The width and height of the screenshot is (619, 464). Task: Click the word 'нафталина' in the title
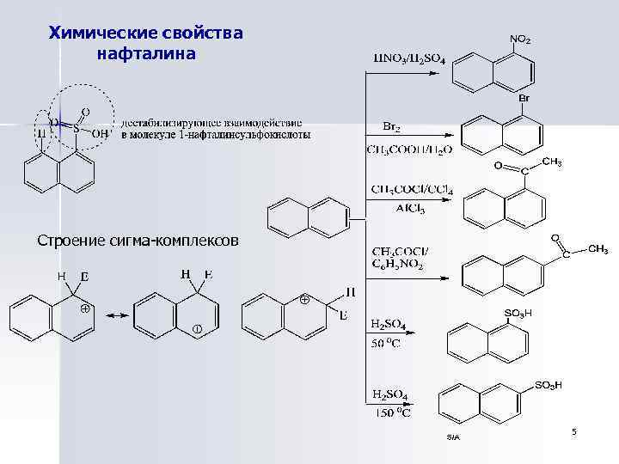pyautogui.click(x=146, y=54)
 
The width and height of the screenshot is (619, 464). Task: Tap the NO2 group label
pyautogui.click(x=521, y=40)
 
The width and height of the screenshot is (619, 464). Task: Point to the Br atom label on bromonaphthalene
pyautogui.click(x=524, y=99)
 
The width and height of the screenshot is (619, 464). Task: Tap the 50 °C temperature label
pyautogui.click(x=391, y=343)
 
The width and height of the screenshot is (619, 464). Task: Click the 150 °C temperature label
pyautogui.click(x=391, y=413)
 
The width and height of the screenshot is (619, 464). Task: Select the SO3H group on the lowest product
pyautogui.click(x=548, y=386)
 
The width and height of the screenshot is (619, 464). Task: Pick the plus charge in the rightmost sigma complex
pyautogui.click(x=303, y=300)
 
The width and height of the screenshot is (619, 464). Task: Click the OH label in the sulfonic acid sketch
pyautogui.click(x=100, y=134)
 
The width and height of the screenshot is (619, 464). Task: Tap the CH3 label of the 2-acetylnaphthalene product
pyautogui.click(x=598, y=249)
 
